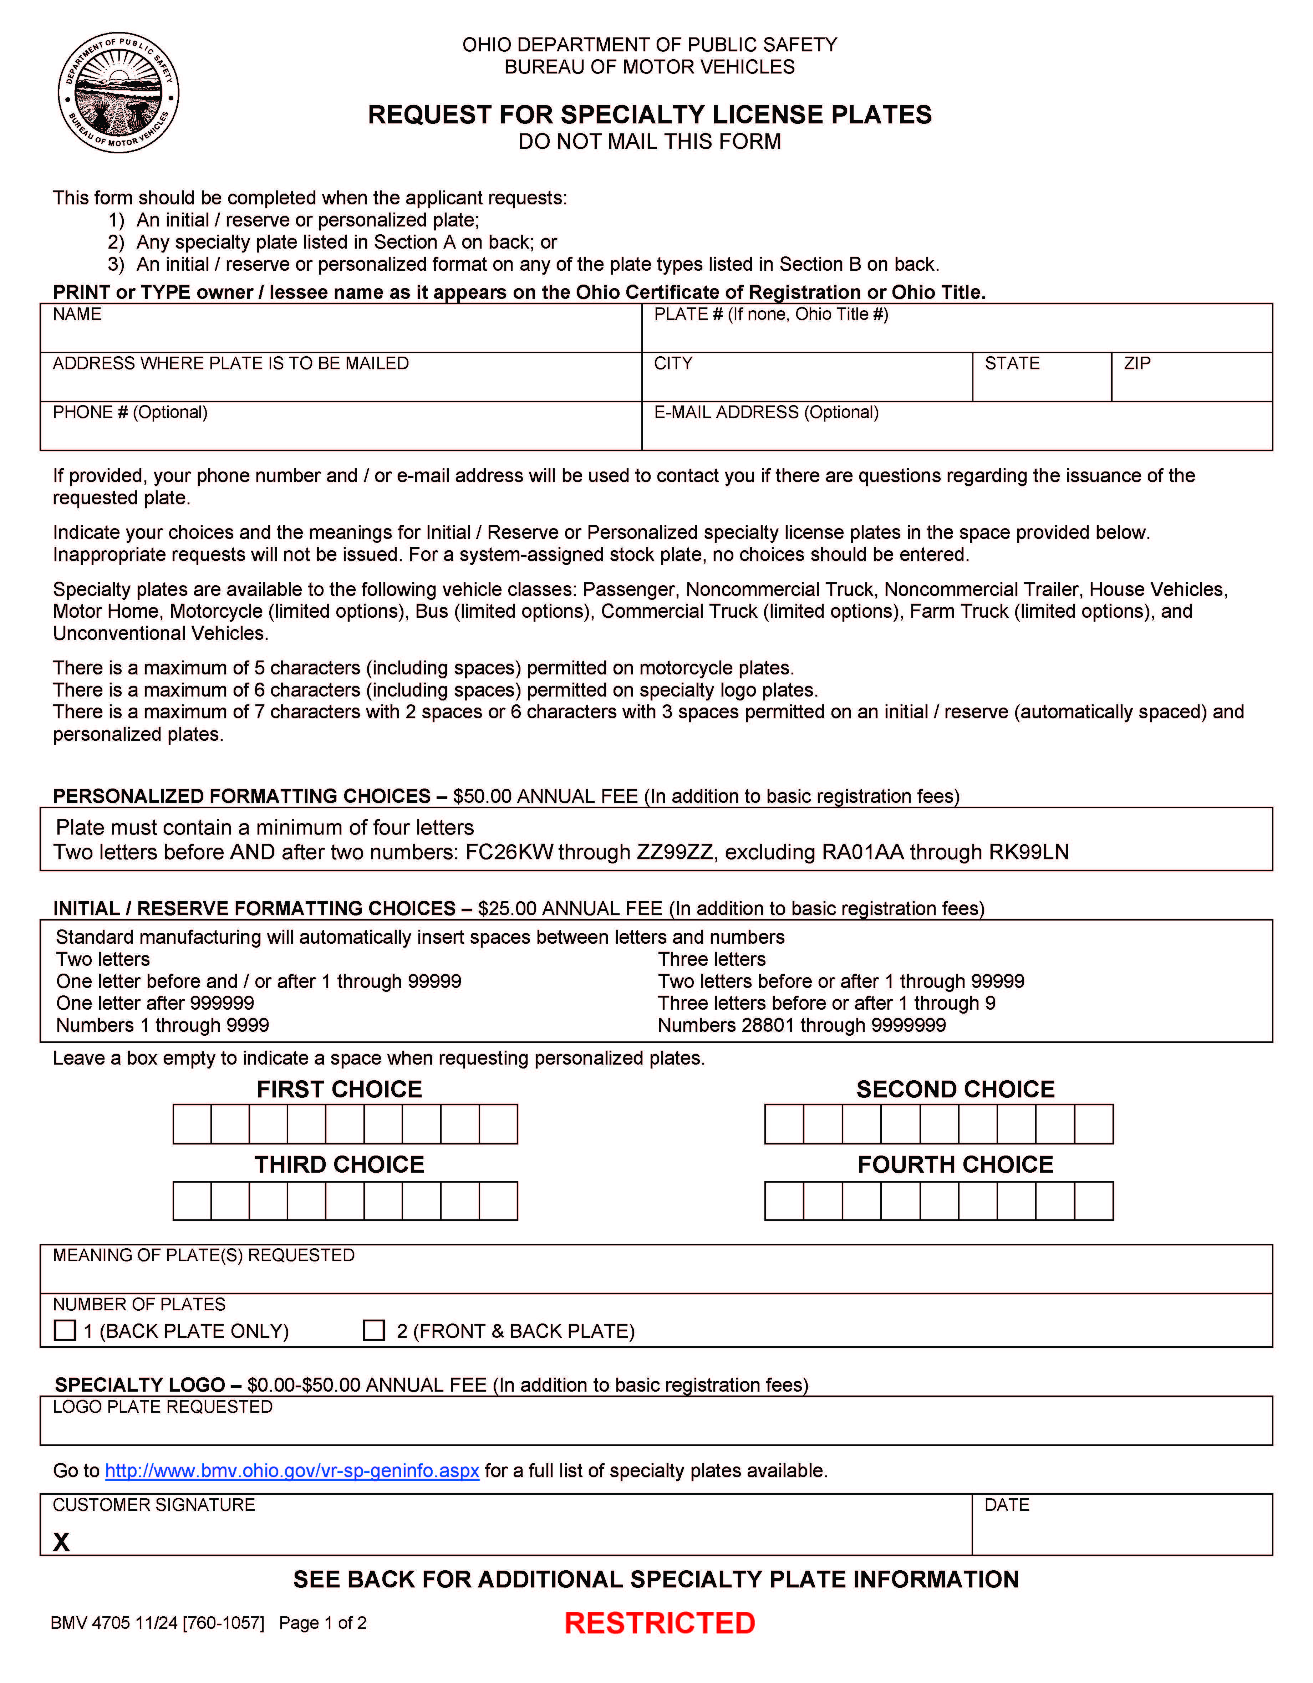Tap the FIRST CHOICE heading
339,1089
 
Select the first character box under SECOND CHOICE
784,1123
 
